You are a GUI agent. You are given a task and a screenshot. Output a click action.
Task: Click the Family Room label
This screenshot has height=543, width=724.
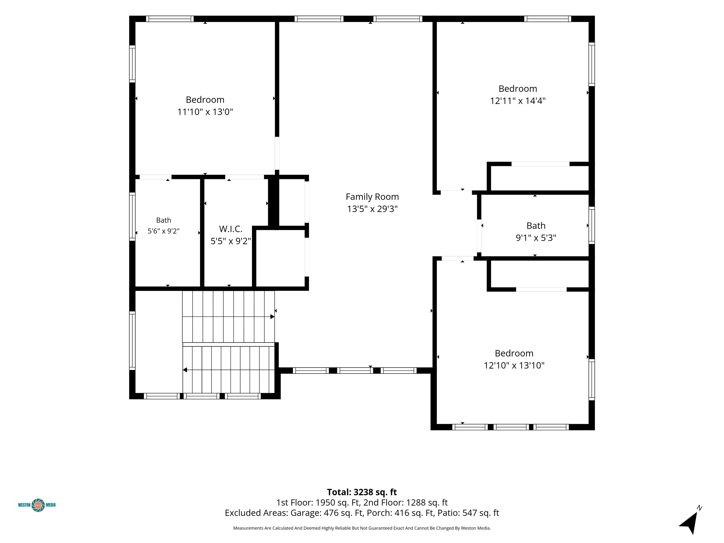[x=372, y=197]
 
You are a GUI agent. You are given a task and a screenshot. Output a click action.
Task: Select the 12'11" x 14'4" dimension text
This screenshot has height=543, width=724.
[x=518, y=101]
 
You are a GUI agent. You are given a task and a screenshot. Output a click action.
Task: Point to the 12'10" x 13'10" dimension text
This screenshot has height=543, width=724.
[x=514, y=365]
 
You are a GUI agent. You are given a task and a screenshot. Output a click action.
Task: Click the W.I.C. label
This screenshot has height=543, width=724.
[x=231, y=229]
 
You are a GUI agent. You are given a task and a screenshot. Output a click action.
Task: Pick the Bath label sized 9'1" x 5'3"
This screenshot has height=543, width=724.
[x=536, y=226]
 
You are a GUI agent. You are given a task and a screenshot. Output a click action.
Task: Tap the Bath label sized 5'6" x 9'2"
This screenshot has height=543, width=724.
[x=163, y=220]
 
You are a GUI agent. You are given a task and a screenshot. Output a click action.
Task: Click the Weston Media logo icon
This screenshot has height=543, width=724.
[x=38, y=505]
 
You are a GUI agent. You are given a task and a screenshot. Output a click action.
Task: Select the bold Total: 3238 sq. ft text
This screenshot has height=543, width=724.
[x=362, y=492]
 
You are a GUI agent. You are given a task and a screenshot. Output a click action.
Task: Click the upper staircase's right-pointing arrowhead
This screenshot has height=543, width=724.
[x=272, y=317]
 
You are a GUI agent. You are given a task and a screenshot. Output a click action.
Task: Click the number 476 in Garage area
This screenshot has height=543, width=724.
[x=331, y=513]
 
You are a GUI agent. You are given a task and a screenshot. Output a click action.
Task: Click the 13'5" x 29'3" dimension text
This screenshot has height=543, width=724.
[x=372, y=209]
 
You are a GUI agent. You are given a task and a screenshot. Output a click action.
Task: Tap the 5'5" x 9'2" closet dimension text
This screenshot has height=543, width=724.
[x=231, y=241]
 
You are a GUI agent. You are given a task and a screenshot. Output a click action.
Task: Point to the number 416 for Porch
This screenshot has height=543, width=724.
[x=402, y=513]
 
